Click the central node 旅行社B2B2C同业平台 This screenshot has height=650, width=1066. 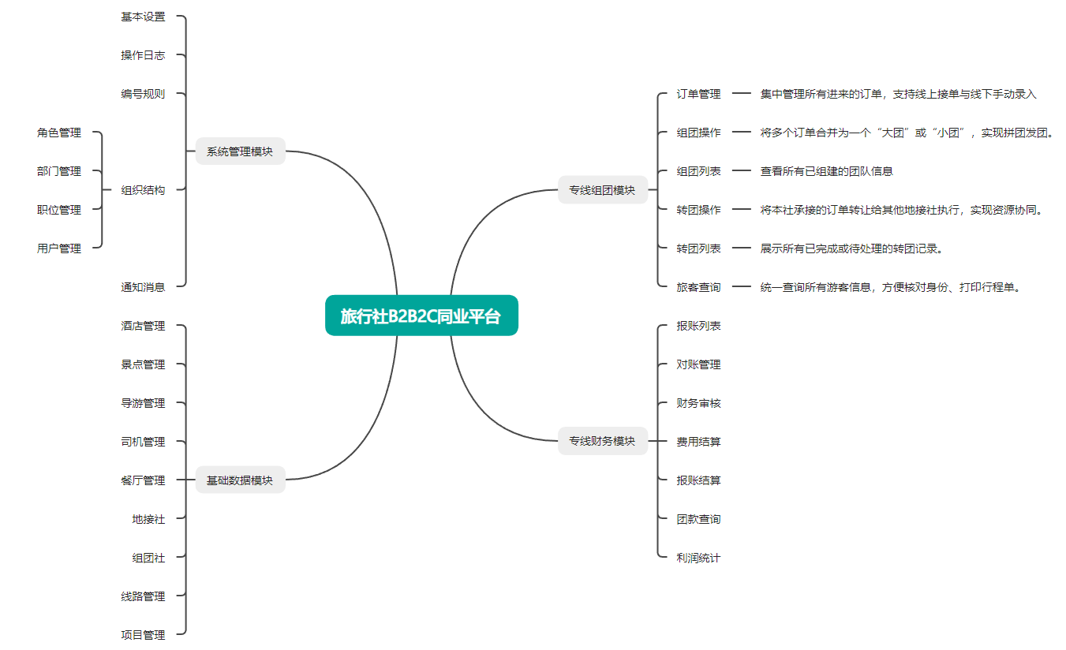click(x=421, y=316)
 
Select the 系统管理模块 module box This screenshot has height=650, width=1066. click(x=240, y=151)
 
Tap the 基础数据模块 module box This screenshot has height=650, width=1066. click(x=240, y=480)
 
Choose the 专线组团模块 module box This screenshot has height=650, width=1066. click(x=602, y=190)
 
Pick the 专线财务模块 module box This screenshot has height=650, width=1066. click(x=602, y=441)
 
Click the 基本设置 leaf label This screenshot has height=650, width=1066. click(x=143, y=17)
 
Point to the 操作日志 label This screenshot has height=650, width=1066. click(x=143, y=55)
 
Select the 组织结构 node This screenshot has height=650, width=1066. click(x=143, y=190)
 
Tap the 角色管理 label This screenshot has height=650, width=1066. click(x=59, y=133)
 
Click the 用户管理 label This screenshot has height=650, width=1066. click(x=59, y=248)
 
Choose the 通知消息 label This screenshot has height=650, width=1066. click(x=143, y=287)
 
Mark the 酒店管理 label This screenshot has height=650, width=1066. click(x=143, y=326)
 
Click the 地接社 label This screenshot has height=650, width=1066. click(x=148, y=519)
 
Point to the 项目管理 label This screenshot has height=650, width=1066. click(x=143, y=635)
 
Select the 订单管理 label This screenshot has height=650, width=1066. click(x=698, y=94)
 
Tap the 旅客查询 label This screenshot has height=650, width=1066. click(x=698, y=287)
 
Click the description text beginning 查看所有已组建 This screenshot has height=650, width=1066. click(x=826, y=171)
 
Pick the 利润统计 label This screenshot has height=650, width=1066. click(x=698, y=558)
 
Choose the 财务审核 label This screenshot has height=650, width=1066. click(x=698, y=403)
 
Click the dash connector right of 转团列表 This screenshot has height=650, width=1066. click(x=741, y=248)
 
